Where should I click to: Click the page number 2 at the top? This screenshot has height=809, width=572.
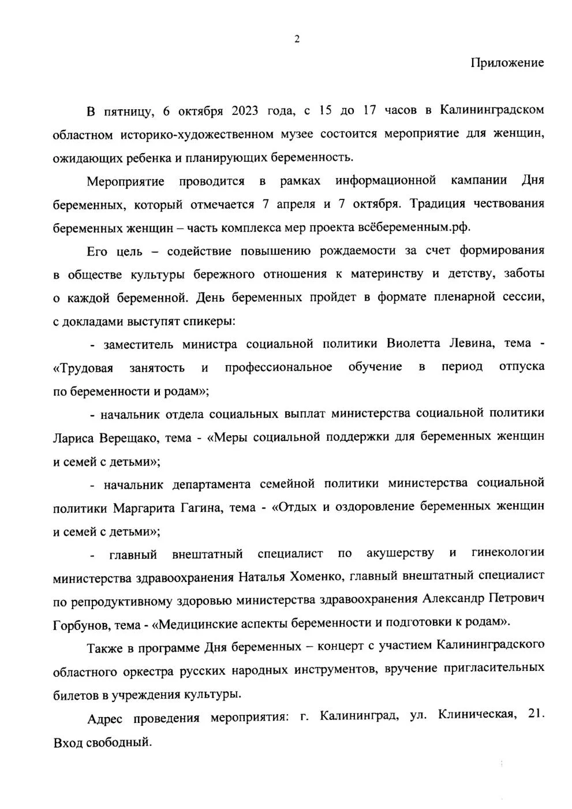click(297, 39)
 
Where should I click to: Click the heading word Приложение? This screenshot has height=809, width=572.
click(507, 63)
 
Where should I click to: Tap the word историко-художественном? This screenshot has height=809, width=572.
click(197, 135)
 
